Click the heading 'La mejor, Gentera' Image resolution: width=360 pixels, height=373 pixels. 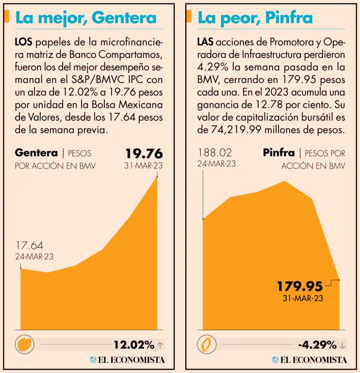86,18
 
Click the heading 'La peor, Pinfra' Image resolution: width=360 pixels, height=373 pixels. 255,18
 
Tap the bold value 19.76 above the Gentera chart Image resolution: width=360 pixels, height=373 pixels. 144,153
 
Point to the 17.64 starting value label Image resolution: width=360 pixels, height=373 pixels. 30,246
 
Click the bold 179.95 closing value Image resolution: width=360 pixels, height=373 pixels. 300,286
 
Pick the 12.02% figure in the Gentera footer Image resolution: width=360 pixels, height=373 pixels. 134,345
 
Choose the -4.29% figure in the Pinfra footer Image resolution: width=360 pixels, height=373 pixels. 317,345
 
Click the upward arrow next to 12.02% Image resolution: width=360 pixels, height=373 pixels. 161,345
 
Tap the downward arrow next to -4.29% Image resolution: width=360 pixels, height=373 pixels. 343,345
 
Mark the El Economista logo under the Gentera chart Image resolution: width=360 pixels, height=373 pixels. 127,360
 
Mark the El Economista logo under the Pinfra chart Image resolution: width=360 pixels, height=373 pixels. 309,360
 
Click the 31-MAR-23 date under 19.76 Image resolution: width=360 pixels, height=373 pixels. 144,165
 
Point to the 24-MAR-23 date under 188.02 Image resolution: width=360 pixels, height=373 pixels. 216,164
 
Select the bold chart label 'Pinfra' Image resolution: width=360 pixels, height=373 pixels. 278,153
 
